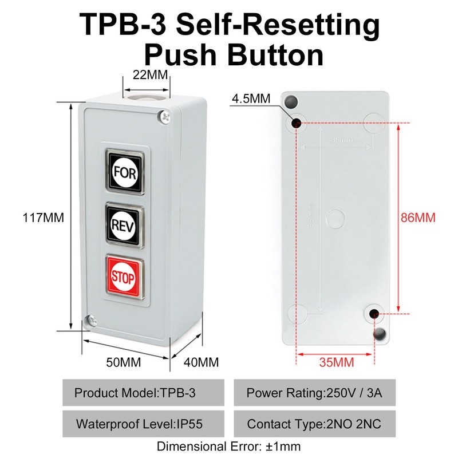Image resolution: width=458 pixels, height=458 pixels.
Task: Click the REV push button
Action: pyautogui.click(x=124, y=225)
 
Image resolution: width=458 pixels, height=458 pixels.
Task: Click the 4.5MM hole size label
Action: pyautogui.click(x=251, y=98)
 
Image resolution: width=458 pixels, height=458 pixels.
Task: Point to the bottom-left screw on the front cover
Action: pyautogui.click(x=90, y=321)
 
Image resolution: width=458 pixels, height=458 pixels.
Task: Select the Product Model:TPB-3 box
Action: pyautogui.click(x=143, y=394)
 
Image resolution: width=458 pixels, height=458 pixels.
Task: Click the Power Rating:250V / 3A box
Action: pyautogui.click(x=315, y=394)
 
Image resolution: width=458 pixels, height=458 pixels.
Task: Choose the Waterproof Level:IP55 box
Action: pyautogui.click(x=143, y=424)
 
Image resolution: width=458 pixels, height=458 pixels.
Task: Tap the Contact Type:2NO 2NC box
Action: pyautogui.click(x=315, y=424)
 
